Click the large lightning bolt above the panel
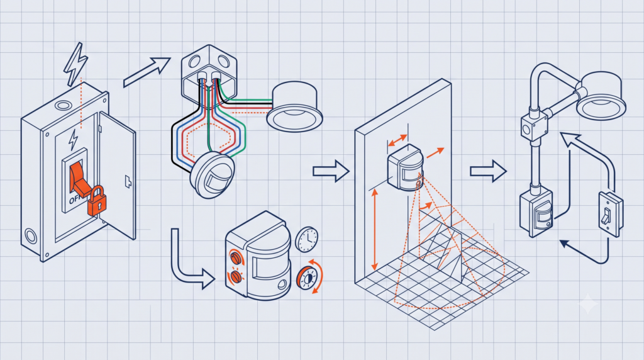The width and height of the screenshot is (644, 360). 75,64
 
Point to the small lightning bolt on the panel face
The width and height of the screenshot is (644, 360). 74,140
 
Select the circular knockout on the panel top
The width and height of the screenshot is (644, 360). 62,106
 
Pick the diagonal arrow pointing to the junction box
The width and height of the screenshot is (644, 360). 147,72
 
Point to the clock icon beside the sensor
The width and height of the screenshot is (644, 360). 307,240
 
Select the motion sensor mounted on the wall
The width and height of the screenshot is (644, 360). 406,168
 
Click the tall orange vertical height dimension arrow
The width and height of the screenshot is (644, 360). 375,230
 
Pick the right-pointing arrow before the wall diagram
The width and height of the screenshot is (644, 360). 331,171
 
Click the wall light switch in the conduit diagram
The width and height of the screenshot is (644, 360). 611,214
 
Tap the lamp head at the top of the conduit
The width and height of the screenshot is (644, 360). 601,96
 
